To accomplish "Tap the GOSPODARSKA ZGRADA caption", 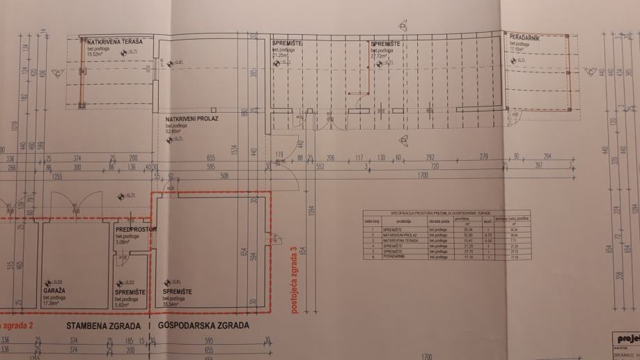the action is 203,326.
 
